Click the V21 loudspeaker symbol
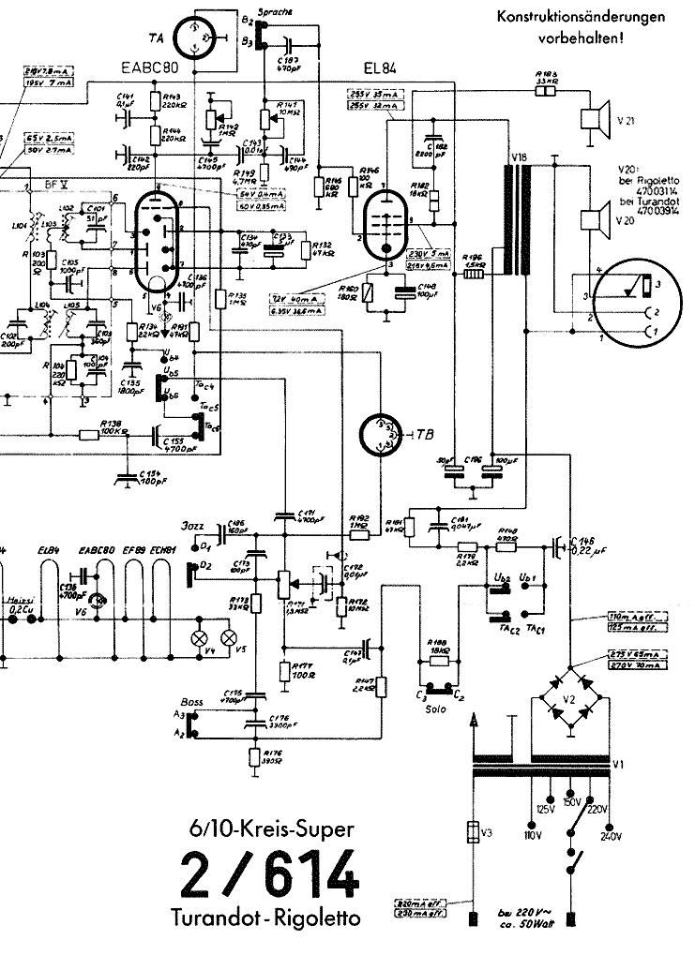point(592,118)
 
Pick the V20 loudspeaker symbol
point(592,222)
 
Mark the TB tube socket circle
point(382,434)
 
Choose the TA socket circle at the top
point(201,37)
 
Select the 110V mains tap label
point(533,834)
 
